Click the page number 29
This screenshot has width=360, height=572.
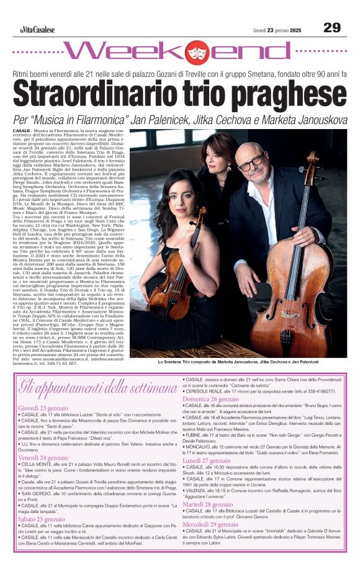pyautogui.click(x=332, y=27)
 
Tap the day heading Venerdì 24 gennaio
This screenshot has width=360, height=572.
pyautogui.click(x=43, y=457)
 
